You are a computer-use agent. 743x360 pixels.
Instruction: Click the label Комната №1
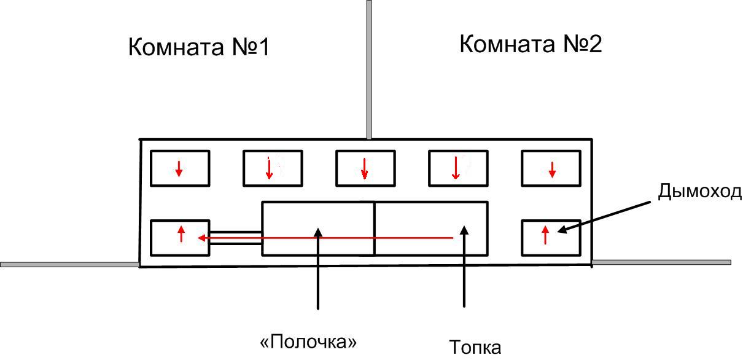[198, 47]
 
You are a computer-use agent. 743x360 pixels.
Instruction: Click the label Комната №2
[531, 44]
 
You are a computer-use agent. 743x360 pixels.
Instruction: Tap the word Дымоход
[699, 192]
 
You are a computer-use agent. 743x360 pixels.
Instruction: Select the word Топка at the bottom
[475, 348]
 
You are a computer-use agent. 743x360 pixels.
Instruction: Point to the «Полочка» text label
[308, 342]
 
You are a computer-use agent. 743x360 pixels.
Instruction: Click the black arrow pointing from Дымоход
[604, 217]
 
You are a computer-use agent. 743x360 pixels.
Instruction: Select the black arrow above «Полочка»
[317, 268]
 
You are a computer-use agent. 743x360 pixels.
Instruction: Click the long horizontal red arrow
[325, 238]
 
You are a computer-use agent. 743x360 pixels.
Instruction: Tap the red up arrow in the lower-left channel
[181, 234]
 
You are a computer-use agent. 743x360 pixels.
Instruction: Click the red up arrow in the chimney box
[545, 235]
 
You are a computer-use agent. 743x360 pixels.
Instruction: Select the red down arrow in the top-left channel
[179, 169]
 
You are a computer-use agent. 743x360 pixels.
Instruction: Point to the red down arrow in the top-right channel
[552, 170]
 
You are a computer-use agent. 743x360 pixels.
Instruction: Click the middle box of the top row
[365, 168]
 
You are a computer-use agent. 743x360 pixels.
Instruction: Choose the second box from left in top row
[273, 168]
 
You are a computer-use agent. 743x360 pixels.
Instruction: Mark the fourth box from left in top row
[458, 168]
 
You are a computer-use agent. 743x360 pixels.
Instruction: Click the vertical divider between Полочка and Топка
[375, 229]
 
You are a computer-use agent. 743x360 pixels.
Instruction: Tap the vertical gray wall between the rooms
[369, 69]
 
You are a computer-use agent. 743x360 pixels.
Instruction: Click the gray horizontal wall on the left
[69, 264]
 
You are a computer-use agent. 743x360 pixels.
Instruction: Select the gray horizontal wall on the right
[661, 262]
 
